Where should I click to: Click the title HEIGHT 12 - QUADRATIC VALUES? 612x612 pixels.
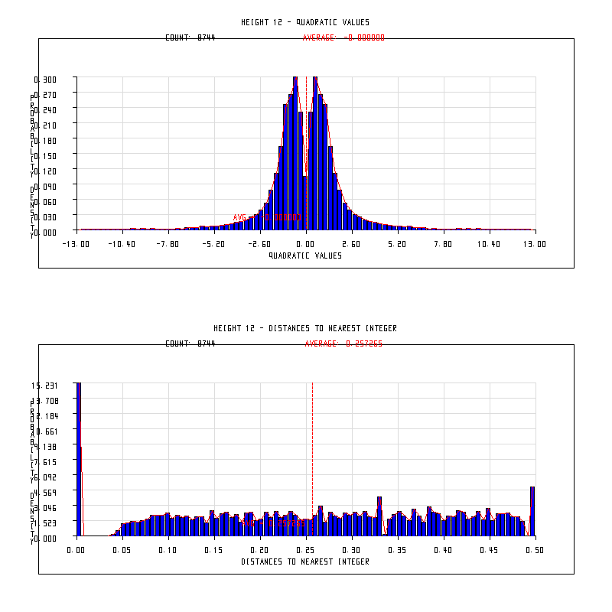pyautogui.click(x=305, y=22)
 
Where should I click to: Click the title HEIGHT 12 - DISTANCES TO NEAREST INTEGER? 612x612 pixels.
pyautogui.click(x=305, y=328)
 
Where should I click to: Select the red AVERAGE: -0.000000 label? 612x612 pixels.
pyautogui.click(x=343, y=37)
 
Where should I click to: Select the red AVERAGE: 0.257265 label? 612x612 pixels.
pyautogui.click(x=343, y=343)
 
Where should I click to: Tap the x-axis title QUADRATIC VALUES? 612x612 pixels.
pyautogui.click(x=305, y=256)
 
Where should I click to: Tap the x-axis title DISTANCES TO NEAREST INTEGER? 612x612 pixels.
pyautogui.click(x=305, y=562)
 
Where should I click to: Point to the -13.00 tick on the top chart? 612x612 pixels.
pyautogui.click(x=76, y=244)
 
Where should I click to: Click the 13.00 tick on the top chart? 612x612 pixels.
pyautogui.click(x=535, y=244)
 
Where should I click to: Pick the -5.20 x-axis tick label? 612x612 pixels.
pyautogui.click(x=213, y=244)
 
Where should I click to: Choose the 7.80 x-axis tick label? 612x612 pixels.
pyautogui.click(x=443, y=244)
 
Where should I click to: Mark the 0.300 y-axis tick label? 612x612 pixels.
pyautogui.click(x=45, y=79)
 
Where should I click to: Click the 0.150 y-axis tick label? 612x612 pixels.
pyautogui.click(x=45, y=155)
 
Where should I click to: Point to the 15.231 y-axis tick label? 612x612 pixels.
pyautogui.click(x=45, y=385)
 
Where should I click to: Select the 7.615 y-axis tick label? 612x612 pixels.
pyautogui.click(x=45, y=461)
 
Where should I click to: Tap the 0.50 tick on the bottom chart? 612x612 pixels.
pyautogui.click(x=535, y=550)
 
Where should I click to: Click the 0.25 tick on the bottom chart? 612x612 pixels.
pyautogui.click(x=305, y=550)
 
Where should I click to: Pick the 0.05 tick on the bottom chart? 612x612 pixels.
pyautogui.click(x=122, y=550)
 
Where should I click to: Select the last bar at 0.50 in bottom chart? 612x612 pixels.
pyautogui.click(x=532, y=511)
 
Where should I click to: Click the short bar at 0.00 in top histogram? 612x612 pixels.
pyautogui.click(x=304, y=203)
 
